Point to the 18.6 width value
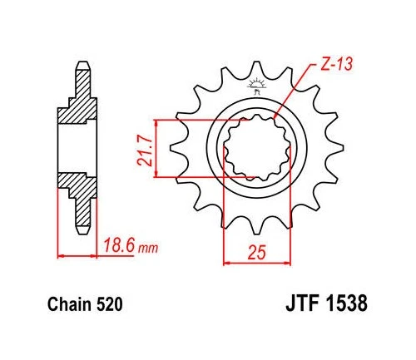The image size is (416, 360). pyautogui.click(x=118, y=247)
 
